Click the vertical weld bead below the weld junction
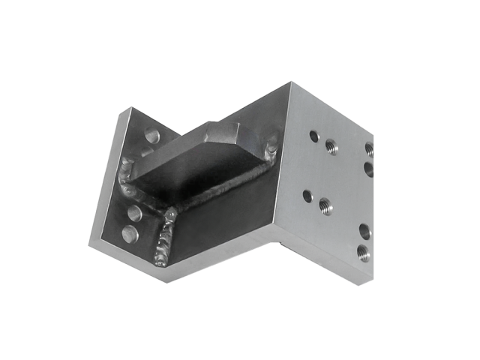pos(163,241)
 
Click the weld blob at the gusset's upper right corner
pos(270,145)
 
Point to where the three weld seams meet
pos(172,214)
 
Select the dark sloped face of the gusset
pos(199,169)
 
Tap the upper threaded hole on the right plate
pos(331,148)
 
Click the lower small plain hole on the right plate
pos(307,196)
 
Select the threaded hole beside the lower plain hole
pos(325,205)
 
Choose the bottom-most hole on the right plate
pos(363,252)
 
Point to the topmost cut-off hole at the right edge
pos(370,148)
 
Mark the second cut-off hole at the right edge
pos(370,169)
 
